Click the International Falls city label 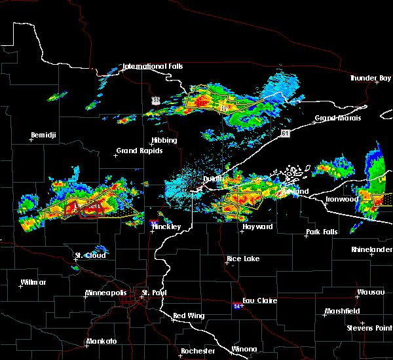[x=153, y=66]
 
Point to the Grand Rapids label [x=140, y=151]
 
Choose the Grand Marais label [x=338, y=118]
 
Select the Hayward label [x=257, y=226]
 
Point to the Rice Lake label [x=243, y=259]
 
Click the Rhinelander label [x=371, y=249]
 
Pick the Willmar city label [x=33, y=282]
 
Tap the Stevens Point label [x=370, y=327]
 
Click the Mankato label [x=102, y=342]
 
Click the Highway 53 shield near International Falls [x=155, y=99]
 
